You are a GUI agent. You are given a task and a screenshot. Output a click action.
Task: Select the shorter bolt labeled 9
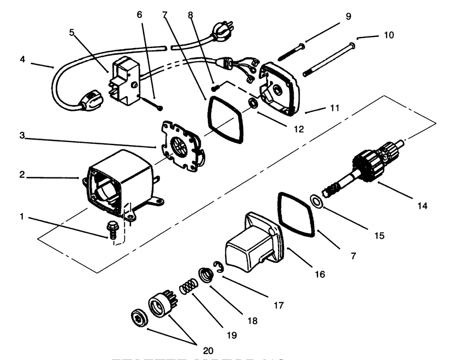[291, 52]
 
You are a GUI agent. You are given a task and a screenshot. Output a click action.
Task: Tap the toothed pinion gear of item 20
[160, 305]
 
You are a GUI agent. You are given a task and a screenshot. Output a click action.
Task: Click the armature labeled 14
[364, 167]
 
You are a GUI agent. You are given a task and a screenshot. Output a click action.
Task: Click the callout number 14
[423, 206]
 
